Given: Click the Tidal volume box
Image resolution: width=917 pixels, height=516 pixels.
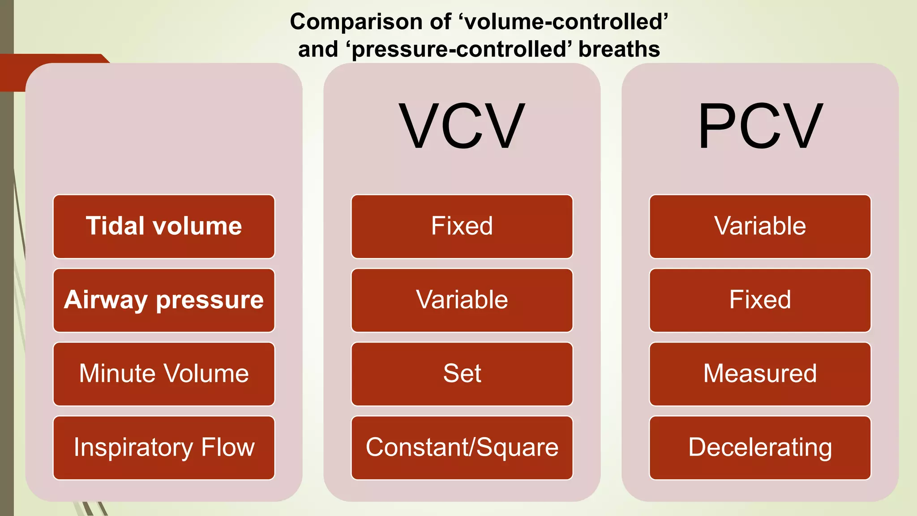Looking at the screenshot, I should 164,226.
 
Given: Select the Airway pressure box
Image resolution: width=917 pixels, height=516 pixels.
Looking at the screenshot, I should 164,300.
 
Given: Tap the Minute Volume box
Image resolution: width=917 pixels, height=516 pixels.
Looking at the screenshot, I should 164,374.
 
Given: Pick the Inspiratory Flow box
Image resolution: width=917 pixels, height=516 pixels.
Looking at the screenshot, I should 164,447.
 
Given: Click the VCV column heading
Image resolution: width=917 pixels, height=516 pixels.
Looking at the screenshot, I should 462,127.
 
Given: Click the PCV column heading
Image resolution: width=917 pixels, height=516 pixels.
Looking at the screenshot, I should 760,127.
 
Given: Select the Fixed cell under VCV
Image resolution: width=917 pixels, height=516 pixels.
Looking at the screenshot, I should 462,226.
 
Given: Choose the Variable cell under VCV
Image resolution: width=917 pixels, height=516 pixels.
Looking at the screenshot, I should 462,300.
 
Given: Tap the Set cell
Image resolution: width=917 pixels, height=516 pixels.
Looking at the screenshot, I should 462,374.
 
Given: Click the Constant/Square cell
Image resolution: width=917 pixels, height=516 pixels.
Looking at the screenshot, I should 462,447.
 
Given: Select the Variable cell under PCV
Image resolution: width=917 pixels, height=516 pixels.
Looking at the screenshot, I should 760,226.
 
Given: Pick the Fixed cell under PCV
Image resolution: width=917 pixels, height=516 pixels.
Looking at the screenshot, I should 760,300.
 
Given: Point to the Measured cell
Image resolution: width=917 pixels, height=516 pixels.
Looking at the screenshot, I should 760,374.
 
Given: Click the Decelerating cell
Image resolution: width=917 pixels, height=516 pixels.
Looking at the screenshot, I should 760,447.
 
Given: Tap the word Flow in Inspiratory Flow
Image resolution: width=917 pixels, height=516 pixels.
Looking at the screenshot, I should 228,447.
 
